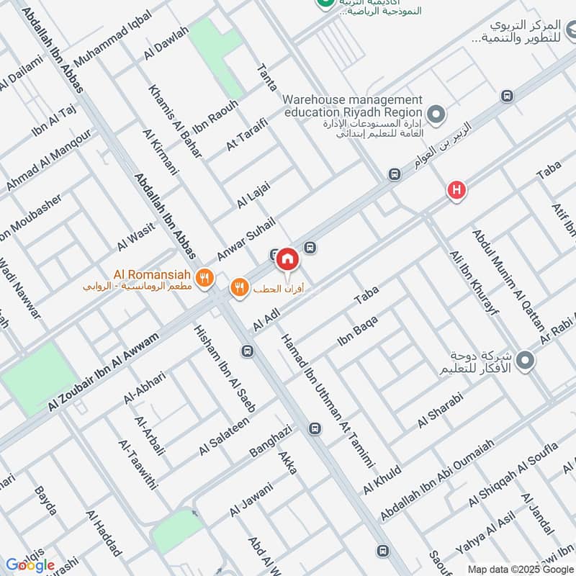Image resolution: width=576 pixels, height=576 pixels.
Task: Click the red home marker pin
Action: click(x=287, y=258)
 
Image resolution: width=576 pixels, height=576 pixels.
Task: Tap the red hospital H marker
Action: click(x=456, y=191)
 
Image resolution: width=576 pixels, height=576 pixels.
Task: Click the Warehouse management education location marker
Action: click(x=435, y=114)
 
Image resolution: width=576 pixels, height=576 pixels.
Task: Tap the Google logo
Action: click(x=30, y=565)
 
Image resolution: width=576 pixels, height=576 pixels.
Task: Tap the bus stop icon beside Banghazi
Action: click(x=314, y=428)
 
